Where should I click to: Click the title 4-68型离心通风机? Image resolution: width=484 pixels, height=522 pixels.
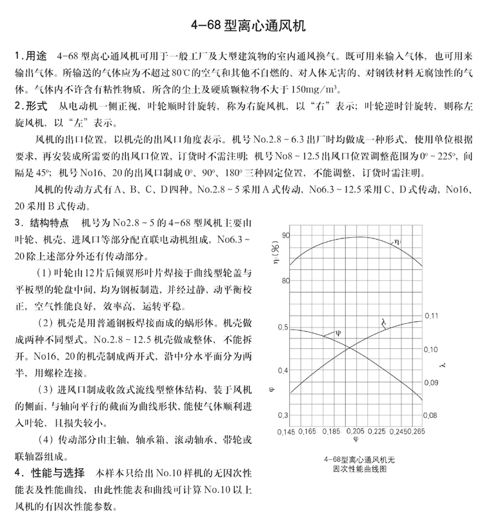(x=241, y=26)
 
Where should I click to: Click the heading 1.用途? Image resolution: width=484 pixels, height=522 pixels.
(x=32, y=57)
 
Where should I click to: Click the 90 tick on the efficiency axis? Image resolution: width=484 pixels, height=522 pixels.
(x=285, y=236)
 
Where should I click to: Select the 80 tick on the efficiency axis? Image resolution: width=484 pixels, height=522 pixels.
(x=285, y=281)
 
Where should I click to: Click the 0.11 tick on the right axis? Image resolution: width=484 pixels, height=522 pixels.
(x=430, y=315)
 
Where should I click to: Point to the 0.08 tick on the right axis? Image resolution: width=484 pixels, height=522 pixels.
(x=430, y=415)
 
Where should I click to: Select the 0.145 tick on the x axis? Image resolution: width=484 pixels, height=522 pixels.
(x=287, y=431)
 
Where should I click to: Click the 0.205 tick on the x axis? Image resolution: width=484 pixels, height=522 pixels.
(x=354, y=431)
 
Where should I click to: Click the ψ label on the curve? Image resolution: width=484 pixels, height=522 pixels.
(x=337, y=333)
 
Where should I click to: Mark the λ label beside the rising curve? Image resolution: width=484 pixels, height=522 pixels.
(x=383, y=327)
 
